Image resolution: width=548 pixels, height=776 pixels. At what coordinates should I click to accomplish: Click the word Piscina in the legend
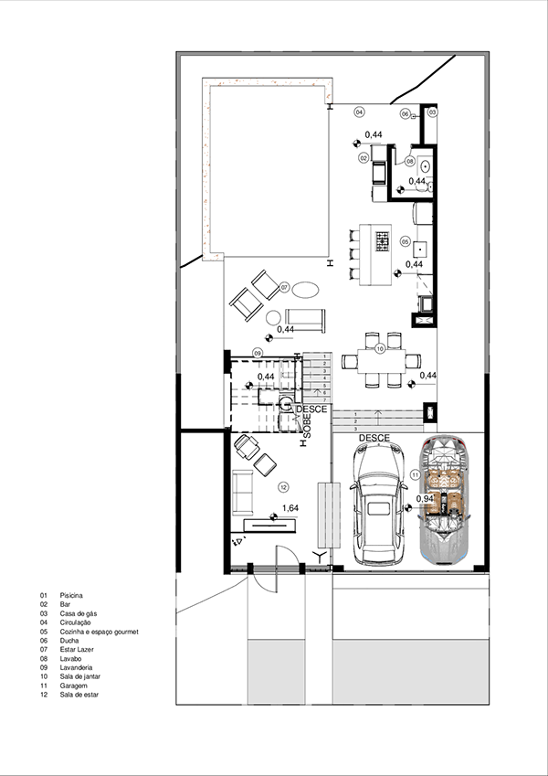[x=72, y=595]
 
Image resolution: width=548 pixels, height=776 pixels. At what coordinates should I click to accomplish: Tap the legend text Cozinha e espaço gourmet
[x=99, y=632]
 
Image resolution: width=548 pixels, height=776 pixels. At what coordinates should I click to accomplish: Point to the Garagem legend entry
[x=75, y=686]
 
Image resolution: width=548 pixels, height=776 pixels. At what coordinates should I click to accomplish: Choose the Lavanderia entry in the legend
[x=78, y=667]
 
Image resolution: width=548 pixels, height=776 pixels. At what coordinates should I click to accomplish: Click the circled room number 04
[x=359, y=112]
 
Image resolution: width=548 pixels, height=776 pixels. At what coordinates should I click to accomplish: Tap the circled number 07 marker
[x=285, y=287]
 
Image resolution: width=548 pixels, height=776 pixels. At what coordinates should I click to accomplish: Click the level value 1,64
[x=290, y=508]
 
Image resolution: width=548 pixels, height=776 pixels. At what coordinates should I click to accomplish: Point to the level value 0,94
[x=425, y=499]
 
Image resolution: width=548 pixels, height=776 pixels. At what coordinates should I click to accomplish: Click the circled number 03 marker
[x=433, y=112]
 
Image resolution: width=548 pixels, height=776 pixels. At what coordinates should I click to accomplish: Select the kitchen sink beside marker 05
[x=421, y=247]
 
